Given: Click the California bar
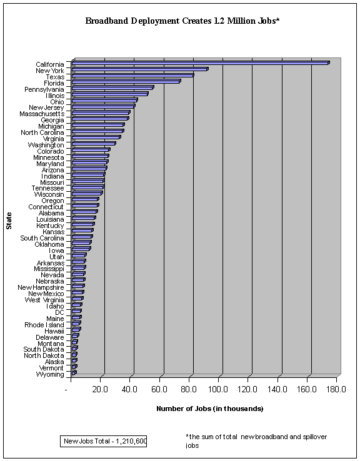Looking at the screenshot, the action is pyautogui.click(x=201, y=63).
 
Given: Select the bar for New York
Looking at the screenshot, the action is pyautogui.click(x=140, y=69).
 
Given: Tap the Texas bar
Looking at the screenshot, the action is pyautogui.click(x=132, y=76).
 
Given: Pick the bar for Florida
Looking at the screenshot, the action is pyautogui.click(x=126, y=81).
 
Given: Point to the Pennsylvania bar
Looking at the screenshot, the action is pyautogui.click(x=113, y=87).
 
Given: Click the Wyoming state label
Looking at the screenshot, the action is pyautogui.click(x=50, y=374).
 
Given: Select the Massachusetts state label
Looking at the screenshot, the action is pyautogui.click(x=42, y=114).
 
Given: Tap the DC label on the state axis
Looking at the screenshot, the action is pyautogui.click(x=60, y=312).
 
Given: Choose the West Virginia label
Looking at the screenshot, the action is pyautogui.click(x=44, y=300).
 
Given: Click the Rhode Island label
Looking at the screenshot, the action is pyautogui.click(x=44, y=325).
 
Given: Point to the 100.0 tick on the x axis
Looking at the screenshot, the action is pyautogui.click(x=218, y=390).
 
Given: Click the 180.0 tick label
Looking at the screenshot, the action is pyautogui.click(x=336, y=390).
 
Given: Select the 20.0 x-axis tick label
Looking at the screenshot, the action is pyautogui.click(x=100, y=390).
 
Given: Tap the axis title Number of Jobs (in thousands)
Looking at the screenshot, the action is pyautogui.click(x=210, y=409).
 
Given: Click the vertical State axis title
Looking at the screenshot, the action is pyautogui.click(x=9, y=221).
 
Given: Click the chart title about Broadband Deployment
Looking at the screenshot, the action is pyautogui.click(x=182, y=21).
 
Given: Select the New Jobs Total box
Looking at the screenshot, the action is pyautogui.click(x=104, y=441).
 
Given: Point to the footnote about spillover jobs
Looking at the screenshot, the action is pyautogui.click(x=256, y=441).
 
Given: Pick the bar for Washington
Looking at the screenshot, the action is pyautogui.click(x=94, y=144).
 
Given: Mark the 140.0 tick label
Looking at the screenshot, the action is pyautogui.click(x=277, y=390).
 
